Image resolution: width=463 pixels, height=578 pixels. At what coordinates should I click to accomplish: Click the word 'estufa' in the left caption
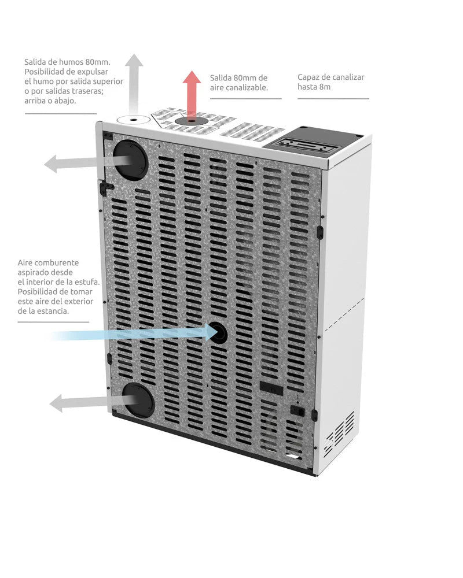point(88,281)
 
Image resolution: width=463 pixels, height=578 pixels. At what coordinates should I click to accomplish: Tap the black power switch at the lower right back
point(296,410)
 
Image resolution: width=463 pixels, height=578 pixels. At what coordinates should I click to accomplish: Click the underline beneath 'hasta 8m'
point(333,99)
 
